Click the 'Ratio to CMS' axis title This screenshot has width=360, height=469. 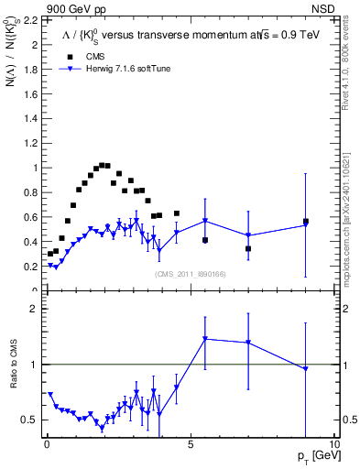pos(13,376)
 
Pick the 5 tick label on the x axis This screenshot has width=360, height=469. pos(191,444)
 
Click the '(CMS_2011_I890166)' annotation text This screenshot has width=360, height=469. pos(191,274)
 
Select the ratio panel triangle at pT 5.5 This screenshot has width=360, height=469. pos(205,339)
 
